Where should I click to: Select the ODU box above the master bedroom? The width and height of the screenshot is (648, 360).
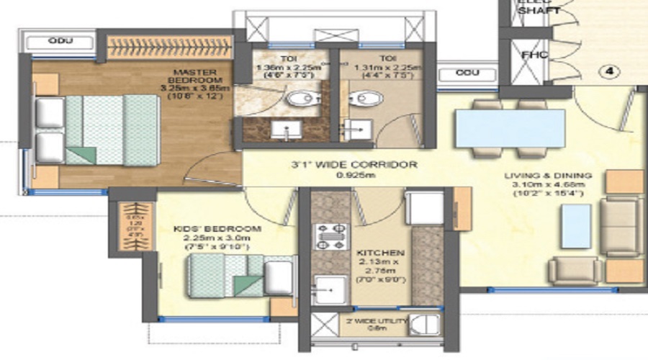coord(60,41)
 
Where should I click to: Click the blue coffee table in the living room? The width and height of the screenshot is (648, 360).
coord(577,225)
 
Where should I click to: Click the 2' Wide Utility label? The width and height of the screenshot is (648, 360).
coord(377,321)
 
